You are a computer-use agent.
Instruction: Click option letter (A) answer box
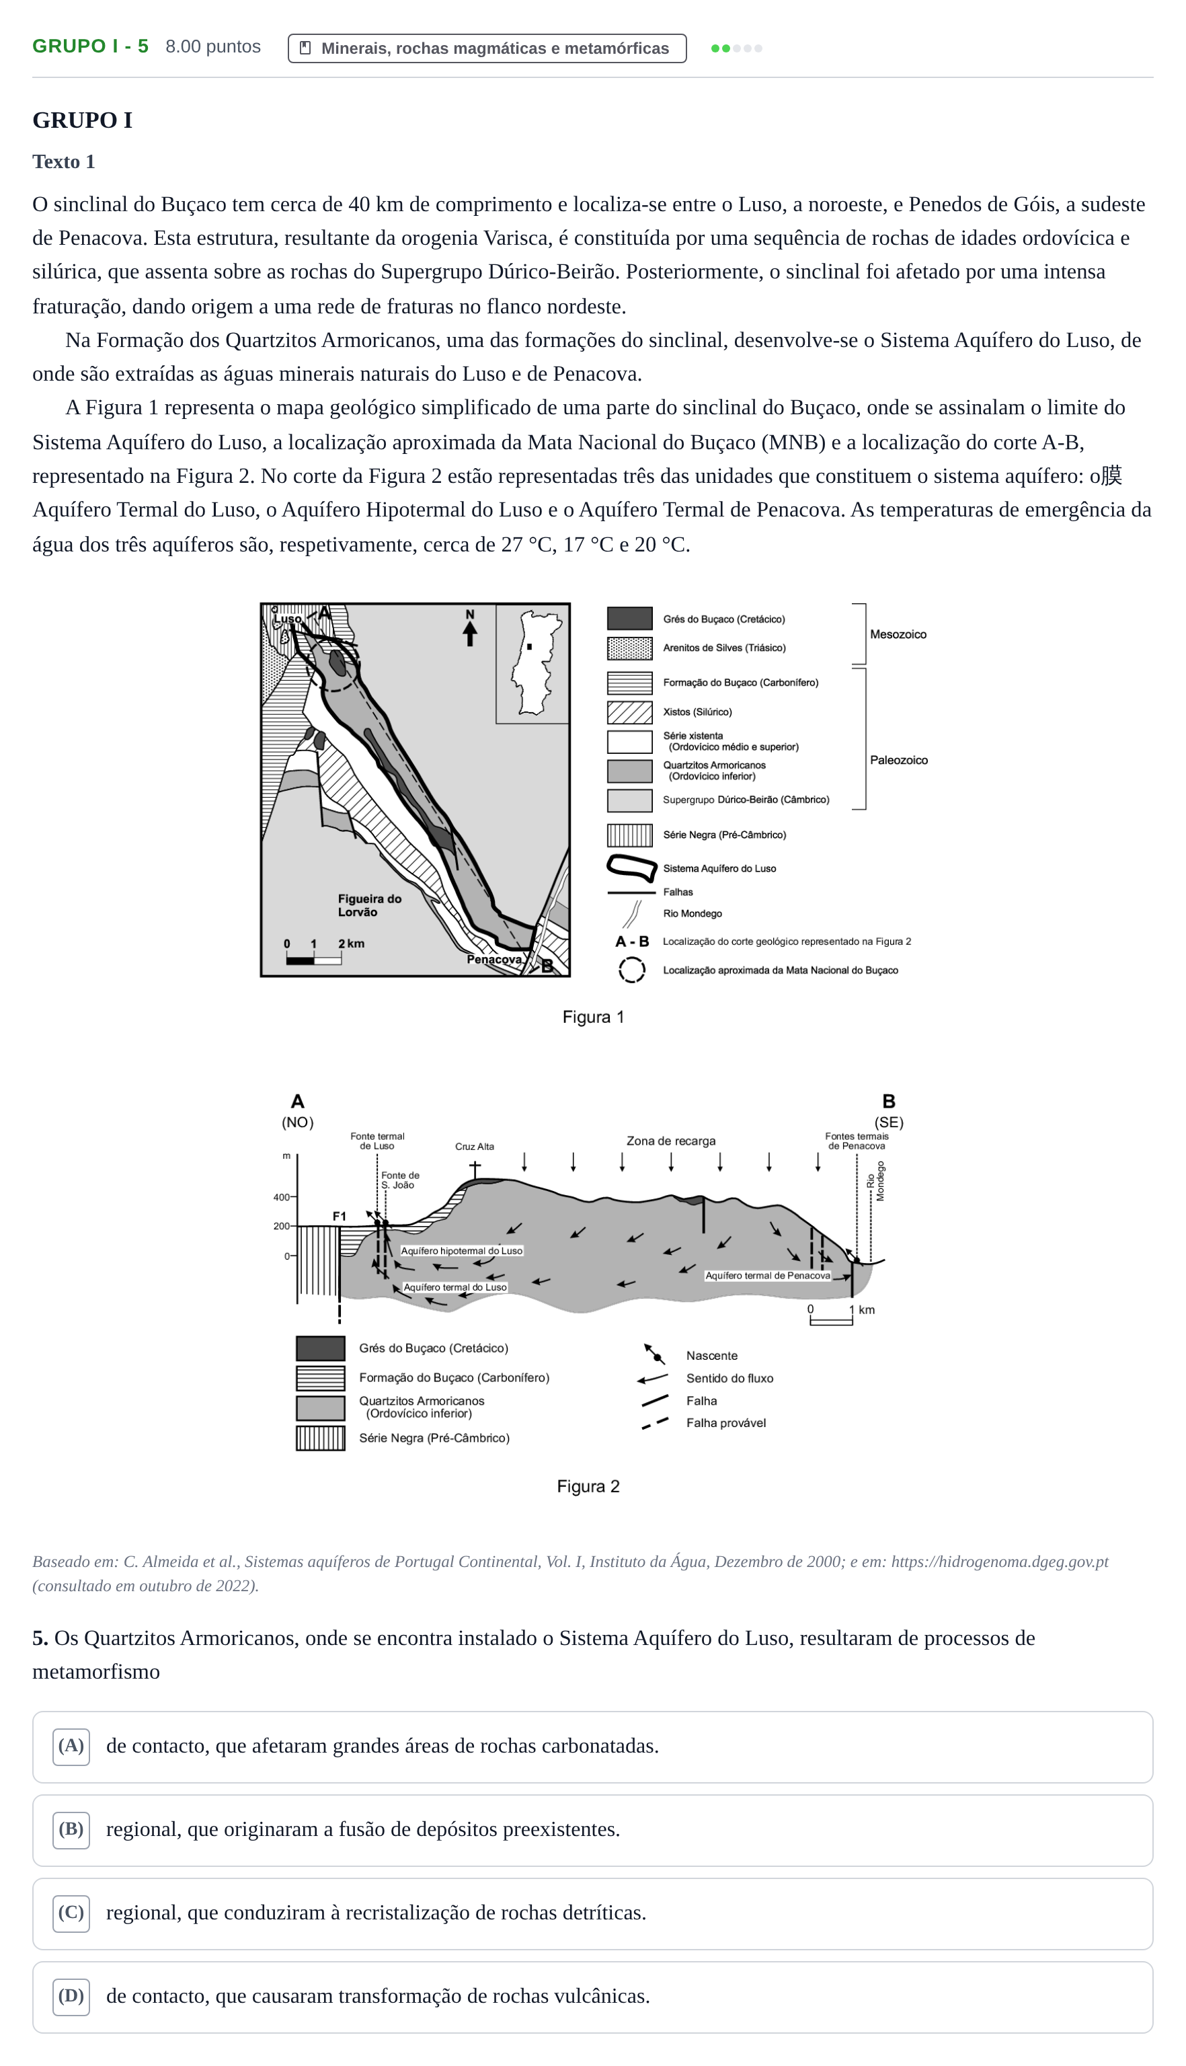[x=71, y=1746]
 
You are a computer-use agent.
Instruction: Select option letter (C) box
[x=71, y=1913]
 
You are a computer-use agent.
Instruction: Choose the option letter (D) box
[x=71, y=1996]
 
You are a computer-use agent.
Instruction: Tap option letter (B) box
[x=71, y=1830]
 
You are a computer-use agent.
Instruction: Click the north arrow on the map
[x=470, y=628]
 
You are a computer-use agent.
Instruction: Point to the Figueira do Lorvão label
[x=370, y=905]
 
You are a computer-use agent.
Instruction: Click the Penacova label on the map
[x=494, y=960]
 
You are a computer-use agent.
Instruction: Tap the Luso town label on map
[x=286, y=618]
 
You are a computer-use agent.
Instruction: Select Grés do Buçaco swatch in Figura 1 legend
[x=630, y=618]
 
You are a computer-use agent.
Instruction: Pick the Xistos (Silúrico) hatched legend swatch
[x=630, y=712]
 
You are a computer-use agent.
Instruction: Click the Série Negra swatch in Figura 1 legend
[x=630, y=835]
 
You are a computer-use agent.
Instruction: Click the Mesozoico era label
[x=898, y=635]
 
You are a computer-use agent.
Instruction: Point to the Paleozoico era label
[x=898, y=760]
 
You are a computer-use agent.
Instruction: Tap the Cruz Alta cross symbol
[x=475, y=1169]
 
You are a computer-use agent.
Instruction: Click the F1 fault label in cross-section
[x=340, y=1217]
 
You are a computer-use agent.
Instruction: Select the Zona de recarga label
[x=671, y=1141]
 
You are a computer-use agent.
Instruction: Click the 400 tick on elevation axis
[x=281, y=1198]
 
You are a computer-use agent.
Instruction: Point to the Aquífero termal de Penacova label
[x=767, y=1276]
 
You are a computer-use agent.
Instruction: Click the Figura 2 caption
[x=588, y=1486]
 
